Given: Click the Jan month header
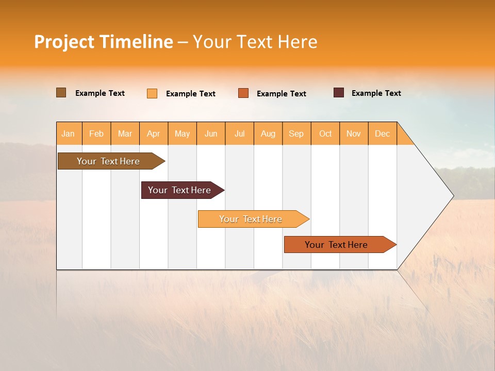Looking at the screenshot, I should [x=68, y=133].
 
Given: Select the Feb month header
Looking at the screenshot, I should [x=96, y=133].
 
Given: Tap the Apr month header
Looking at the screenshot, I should [x=154, y=133].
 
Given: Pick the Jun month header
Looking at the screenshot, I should [x=211, y=133].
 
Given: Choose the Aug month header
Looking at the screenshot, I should [x=268, y=133].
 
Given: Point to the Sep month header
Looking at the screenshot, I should [x=296, y=133].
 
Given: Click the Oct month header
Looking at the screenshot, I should [x=325, y=133].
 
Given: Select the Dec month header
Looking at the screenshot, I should [x=383, y=133].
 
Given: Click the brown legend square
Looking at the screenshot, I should [x=61, y=93].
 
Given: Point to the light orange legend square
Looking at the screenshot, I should [x=152, y=93].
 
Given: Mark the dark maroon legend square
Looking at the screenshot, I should [x=339, y=93].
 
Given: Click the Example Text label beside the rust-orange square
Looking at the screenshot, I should [x=281, y=94].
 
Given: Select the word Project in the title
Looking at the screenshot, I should [x=64, y=42].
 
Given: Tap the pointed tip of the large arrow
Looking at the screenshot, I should [x=452, y=196].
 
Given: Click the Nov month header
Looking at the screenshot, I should [x=354, y=133].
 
